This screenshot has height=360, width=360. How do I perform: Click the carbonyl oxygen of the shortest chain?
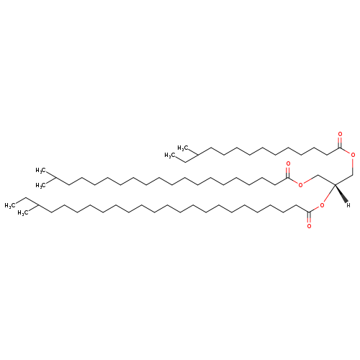point(340,134)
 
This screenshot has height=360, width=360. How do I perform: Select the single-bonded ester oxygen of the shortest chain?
point(353,155)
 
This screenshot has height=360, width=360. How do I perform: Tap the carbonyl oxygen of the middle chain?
point(288,164)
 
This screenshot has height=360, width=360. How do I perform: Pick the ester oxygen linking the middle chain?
point(300,184)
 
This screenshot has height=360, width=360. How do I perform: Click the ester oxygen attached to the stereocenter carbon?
point(322,205)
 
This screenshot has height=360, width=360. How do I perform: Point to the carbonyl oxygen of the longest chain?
point(309,226)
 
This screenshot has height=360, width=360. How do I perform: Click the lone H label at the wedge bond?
point(348,205)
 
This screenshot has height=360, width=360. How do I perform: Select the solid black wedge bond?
point(341,194)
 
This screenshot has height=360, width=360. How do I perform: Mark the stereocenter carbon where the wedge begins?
point(335,184)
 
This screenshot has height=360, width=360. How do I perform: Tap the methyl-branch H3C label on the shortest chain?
point(182,148)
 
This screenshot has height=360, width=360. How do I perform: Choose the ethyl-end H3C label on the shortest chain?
point(169,156)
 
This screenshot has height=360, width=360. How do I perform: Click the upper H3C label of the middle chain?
point(40,171)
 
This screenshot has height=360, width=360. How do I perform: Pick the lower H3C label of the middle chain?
point(40,185)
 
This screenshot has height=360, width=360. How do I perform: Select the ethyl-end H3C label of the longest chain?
point(9,205)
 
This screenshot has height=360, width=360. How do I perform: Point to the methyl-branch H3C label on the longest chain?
point(22,212)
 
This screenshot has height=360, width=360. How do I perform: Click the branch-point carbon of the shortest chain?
point(197,155)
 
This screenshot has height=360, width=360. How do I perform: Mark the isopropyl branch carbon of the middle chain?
point(55,178)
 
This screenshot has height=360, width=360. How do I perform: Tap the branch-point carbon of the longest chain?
point(38,205)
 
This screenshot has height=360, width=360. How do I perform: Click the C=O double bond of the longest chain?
point(309,217)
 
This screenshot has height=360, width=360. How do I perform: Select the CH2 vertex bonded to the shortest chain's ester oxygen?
point(353,174)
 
